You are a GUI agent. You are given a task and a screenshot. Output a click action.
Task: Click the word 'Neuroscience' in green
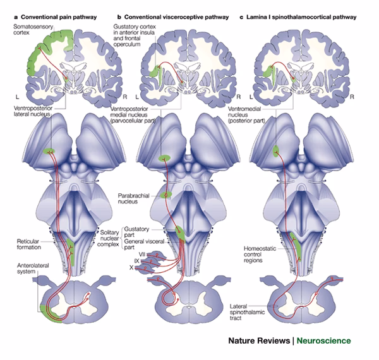pyautogui.click(x=324, y=341)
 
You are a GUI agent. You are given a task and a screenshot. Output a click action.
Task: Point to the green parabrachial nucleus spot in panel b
pyautogui.click(x=167, y=195)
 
